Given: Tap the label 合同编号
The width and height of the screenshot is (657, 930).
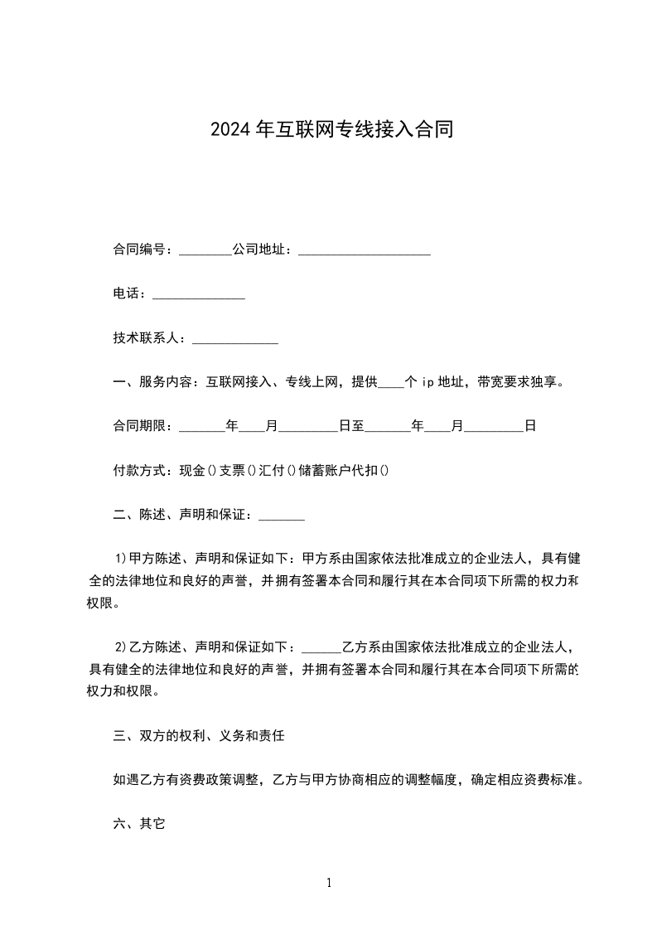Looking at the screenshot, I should pos(140,249).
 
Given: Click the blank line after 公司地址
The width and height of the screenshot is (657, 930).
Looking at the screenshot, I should pos(364,251).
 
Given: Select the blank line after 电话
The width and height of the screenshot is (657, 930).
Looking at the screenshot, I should pos(199,296).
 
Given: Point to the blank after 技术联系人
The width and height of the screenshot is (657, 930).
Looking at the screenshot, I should pos(234,341).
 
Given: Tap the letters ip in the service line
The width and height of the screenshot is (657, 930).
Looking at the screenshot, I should pos(428,382).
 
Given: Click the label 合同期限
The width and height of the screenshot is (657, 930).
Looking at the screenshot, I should pos(140,427).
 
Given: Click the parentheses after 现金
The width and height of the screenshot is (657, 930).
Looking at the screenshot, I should pos(211,471).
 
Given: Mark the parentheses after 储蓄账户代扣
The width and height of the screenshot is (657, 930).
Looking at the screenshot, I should pos(384,471).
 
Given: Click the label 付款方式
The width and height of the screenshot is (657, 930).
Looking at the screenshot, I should pos(140,471).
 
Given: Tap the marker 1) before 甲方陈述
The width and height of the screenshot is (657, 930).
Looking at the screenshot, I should pos(120,558).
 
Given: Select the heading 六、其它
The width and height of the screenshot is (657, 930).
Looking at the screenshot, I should pos(140,824).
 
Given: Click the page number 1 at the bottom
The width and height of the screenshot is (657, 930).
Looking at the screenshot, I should pos(329,884).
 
